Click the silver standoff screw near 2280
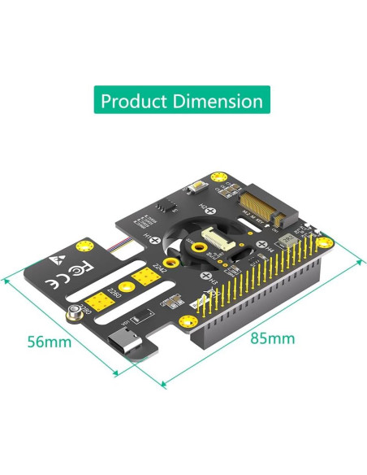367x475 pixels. pos(75,312)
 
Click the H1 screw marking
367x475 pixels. pos(151,236)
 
